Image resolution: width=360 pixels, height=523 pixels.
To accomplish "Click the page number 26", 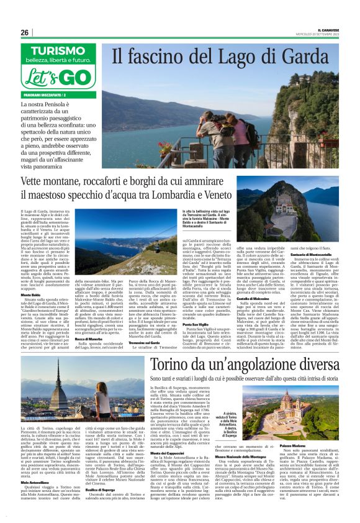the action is coord(25,32).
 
